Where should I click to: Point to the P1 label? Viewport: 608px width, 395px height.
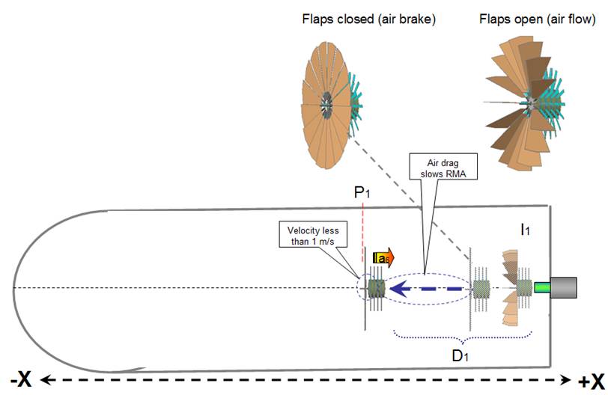coord(363,193)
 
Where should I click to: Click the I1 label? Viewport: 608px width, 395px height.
coord(525,230)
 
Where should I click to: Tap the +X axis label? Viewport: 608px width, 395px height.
coord(591,379)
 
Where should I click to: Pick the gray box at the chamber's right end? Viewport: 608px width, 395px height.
coord(563,287)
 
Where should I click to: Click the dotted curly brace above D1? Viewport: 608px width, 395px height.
coord(460,337)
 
